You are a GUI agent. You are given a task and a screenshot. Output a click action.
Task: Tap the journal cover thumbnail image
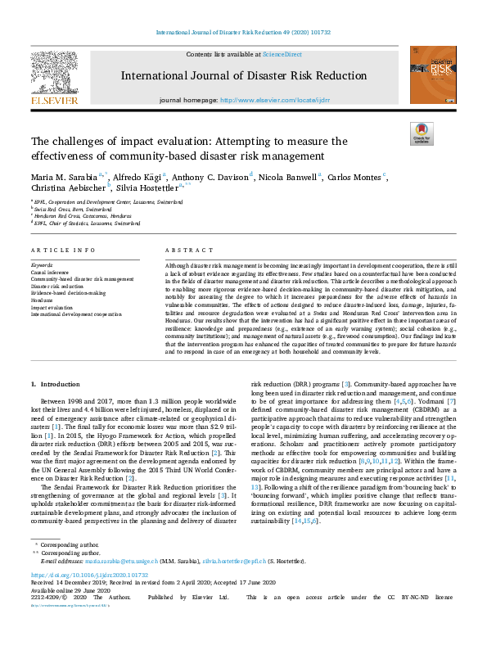coord(433,74)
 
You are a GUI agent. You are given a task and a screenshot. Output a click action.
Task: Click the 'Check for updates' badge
coord(422,133)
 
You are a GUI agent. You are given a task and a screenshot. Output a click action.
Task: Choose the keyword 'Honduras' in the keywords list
coord(45,300)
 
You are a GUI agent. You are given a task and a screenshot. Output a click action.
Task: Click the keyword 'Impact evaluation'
coord(55,306)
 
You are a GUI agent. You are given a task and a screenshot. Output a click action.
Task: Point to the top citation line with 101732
coord(243,33)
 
